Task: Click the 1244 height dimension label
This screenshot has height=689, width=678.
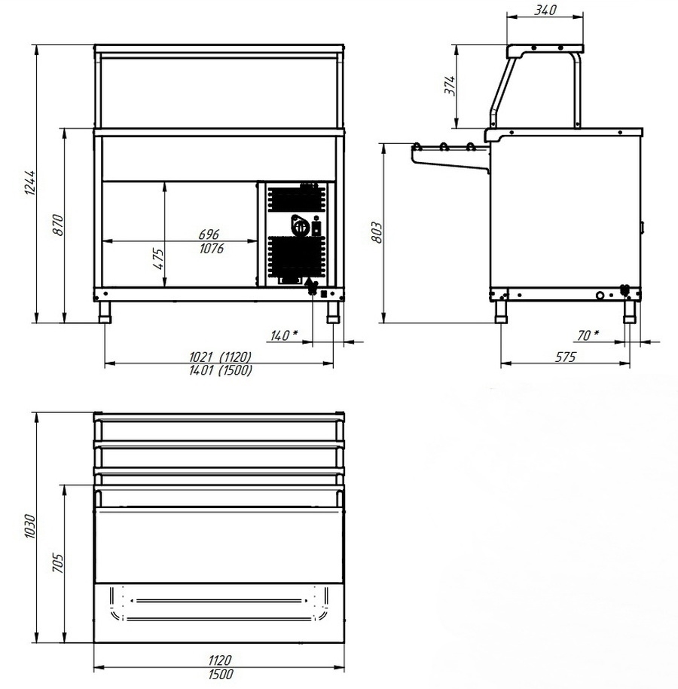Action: pyautogui.click(x=30, y=182)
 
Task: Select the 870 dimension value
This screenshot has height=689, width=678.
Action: pyautogui.click(x=59, y=225)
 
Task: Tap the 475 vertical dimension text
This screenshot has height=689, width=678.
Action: pyautogui.click(x=158, y=259)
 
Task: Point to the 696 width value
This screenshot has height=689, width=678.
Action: pyautogui.click(x=209, y=234)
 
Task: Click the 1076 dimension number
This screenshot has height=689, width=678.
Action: pyautogui.click(x=212, y=249)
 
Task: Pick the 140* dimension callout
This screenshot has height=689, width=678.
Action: pyautogui.click(x=284, y=335)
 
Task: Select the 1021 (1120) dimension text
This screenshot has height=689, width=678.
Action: pyautogui.click(x=220, y=357)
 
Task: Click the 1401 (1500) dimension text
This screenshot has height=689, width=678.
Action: pyautogui.click(x=221, y=370)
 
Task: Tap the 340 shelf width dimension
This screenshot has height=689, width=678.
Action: pyautogui.click(x=545, y=10)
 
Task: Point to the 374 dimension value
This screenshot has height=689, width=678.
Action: pyautogui.click(x=450, y=85)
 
